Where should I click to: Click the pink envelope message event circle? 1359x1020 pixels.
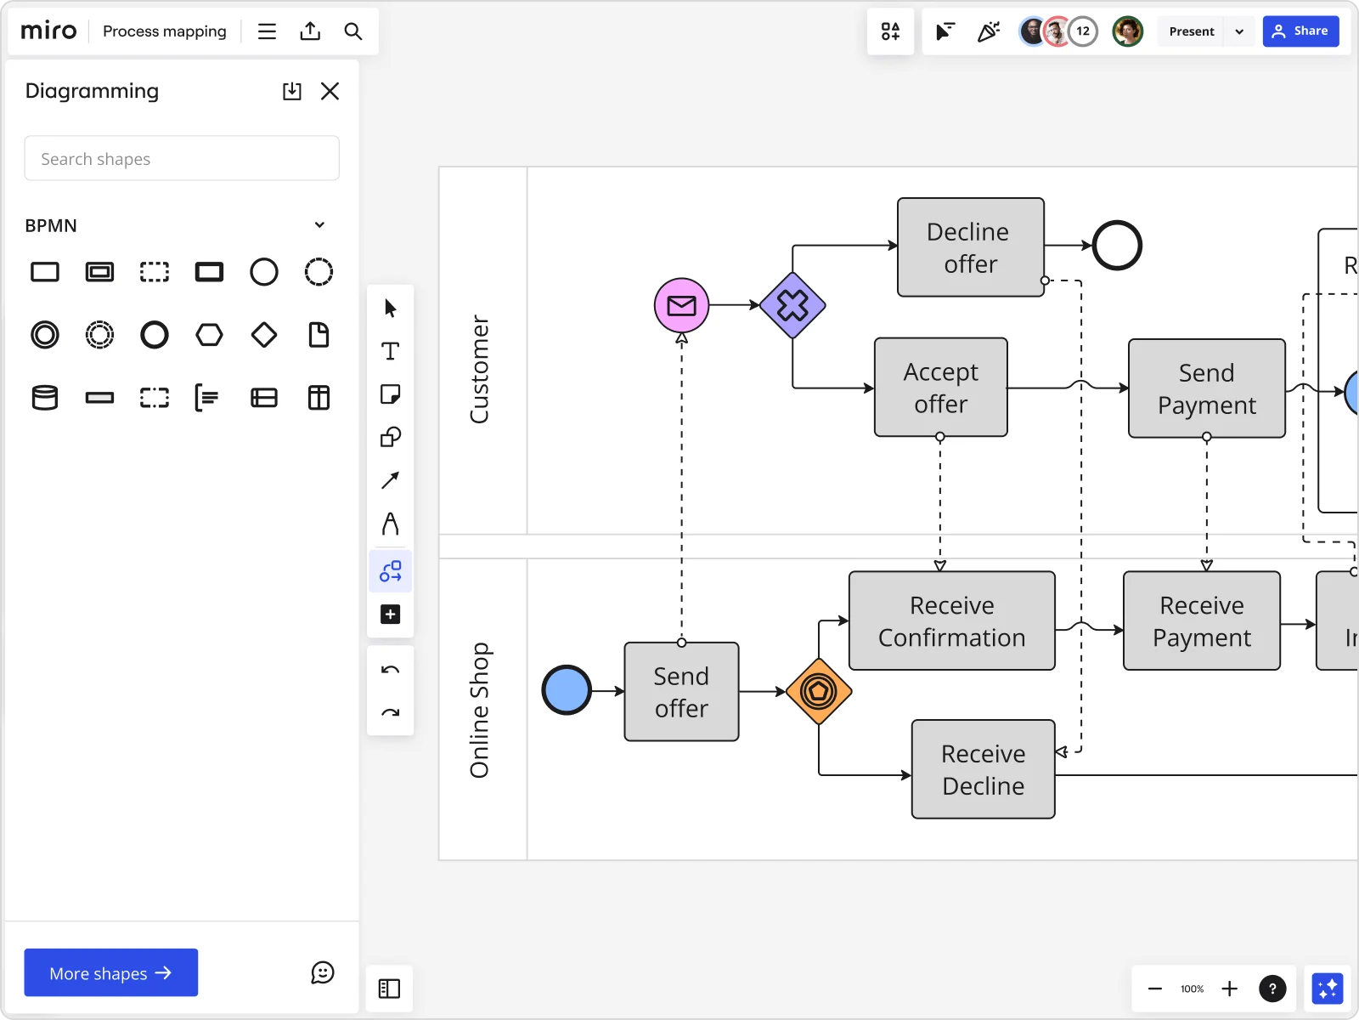pyautogui.click(x=681, y=305)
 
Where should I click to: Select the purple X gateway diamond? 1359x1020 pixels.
pyautogui.click(x=792, y=305)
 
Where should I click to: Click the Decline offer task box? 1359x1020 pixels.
pyautogui.click(x=970, y=247)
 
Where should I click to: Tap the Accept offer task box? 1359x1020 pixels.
pyautogui.click(x=940, y=388)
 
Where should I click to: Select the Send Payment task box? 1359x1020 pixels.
pyautogui.click(x=1206, y=388)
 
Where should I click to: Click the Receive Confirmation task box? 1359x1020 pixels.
pyautogui.click(x=951, y=621)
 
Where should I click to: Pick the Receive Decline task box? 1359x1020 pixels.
pyautogui.click(x=983, y=769)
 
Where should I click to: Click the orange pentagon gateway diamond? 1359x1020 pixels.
pyautogui.click(x=819, y=691)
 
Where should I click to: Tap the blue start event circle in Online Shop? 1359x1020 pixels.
pyautogui.click(x=567, y=690)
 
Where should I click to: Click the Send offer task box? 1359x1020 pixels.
pyautogui.click(x=681, y=692)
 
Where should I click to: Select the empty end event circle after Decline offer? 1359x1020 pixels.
pyautogui.click(x=1116, y=246)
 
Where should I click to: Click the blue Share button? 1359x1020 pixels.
pyautogui.click(x=1300, y=31)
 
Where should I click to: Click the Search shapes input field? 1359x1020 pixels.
pyautogui.click(x=182, y=159)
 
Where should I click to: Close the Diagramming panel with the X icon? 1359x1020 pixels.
pyautogui.click(x=330, y=91)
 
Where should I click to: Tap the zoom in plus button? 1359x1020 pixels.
pyautogui.click(x=1229, y=989)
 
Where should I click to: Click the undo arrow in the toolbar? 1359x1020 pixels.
pyautogui.click(x=390, y=670)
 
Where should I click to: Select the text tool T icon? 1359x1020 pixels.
pyautogui.click(x=390, y=351)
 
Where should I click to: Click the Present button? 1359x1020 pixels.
pyautogui.click(x=1191, y=31)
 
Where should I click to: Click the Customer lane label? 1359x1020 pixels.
pyautogui.click(x=480, y=369)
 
